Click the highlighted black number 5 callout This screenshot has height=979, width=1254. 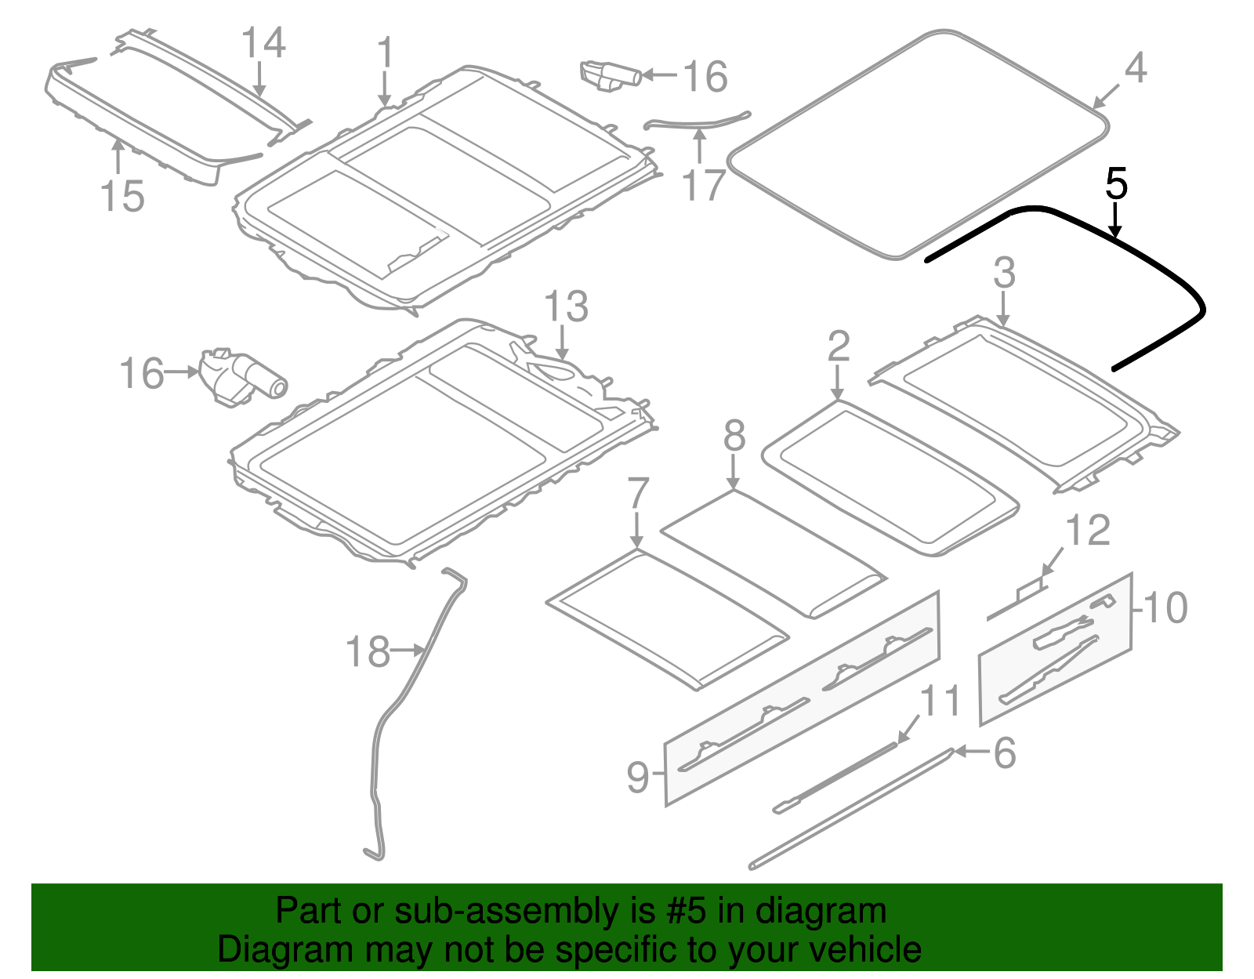pyautogui.click(x=1116, y=184)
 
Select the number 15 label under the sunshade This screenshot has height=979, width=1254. pyautogui.click(x=122, y=196)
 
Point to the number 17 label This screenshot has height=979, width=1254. pyautogui.click(x=703, y=187)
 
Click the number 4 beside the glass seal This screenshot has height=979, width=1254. pyautogui.click(x=1135, y=68)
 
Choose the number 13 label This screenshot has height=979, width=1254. pyautogui.click(x=565, y=306)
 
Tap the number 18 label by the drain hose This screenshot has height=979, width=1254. pyautogui.click(x=368, y=652)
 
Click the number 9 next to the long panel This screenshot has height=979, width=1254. pyautogui.click(x=638, y=777)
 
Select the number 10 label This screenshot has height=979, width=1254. pyautogui.click(x=1165, y=608)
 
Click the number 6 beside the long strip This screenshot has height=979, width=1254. pyautogui.click(x=1004, y=753)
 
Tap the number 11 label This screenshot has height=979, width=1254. pyautogui.click(x=939, y=700)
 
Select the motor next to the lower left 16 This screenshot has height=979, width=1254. pyautogui.click(x=243, y=378)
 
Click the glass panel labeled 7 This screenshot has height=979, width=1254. pyautogui.click(x=666, y=619)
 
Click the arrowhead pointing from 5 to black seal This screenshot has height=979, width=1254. pyautogui.click(x=1115, y=231)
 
